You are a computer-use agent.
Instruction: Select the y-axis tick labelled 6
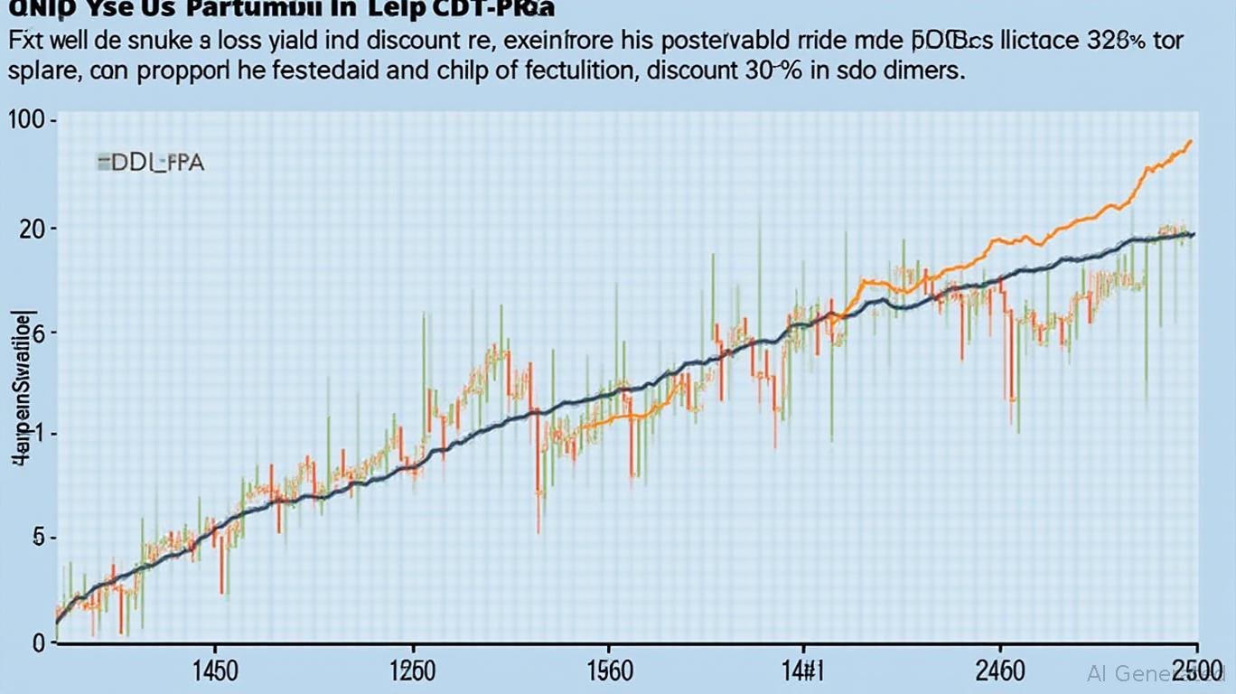pyautogui.click(x=37, y=333)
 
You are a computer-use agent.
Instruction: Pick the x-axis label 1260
pyautogui.click(x=411, y=671)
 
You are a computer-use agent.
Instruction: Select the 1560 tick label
pyautogui.click(x=609, y=671)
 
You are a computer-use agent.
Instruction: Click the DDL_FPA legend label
pyautogui.click(x=153, y=163)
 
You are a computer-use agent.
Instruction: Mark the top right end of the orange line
pyautogui.click(x=1191, y=141)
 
